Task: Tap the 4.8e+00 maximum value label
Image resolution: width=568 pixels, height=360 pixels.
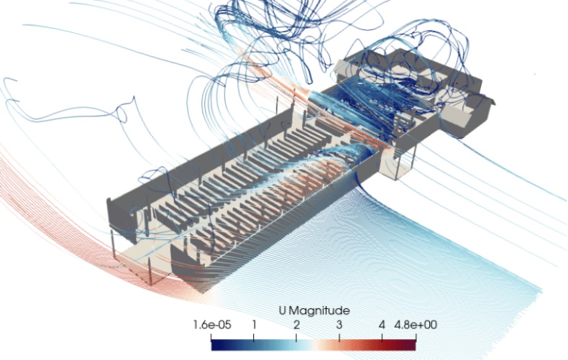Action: (x=415, y=325)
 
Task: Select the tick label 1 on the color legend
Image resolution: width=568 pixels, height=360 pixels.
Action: (x=254, y=325)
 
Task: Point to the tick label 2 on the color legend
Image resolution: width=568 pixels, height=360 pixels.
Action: (x=296, y=325)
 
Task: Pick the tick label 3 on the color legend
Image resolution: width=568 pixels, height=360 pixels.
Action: (x=339, y=325)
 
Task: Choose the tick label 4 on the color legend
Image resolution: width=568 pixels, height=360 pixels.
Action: (x=382, y=325)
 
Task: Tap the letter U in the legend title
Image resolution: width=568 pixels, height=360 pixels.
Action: (x=283, y=310)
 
